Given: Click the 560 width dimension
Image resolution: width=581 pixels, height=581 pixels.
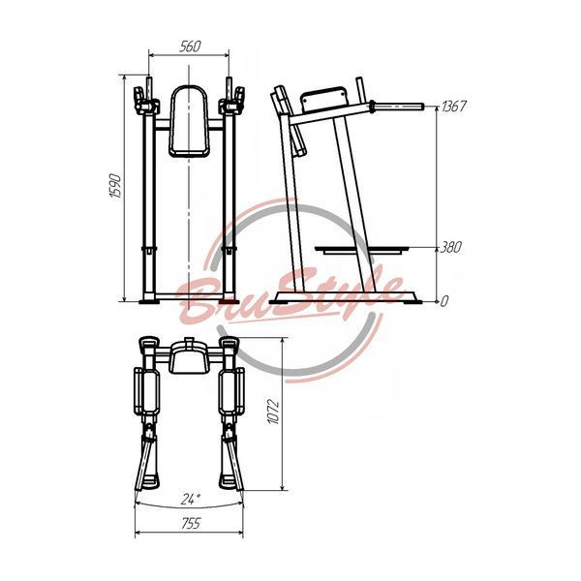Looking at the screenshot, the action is coord(190,46).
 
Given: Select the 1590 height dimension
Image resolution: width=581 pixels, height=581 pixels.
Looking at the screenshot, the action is coord(116,185).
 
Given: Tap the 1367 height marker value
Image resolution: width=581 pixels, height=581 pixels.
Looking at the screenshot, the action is coord(453,107).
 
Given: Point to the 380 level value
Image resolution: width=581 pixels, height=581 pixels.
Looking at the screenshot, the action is coord(450,247).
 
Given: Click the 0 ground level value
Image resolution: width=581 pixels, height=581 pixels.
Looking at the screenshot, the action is coord(444,301).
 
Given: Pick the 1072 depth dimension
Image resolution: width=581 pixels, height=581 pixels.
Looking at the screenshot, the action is coord(273,412).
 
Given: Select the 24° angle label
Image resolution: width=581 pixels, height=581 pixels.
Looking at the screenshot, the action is coord(191,499).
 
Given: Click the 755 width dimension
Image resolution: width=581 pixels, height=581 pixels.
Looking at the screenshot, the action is coord(191,524).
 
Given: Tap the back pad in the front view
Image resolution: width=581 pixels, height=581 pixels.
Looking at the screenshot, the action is coord(189,121).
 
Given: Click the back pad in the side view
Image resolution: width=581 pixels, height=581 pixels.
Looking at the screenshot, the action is coord(323,99).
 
